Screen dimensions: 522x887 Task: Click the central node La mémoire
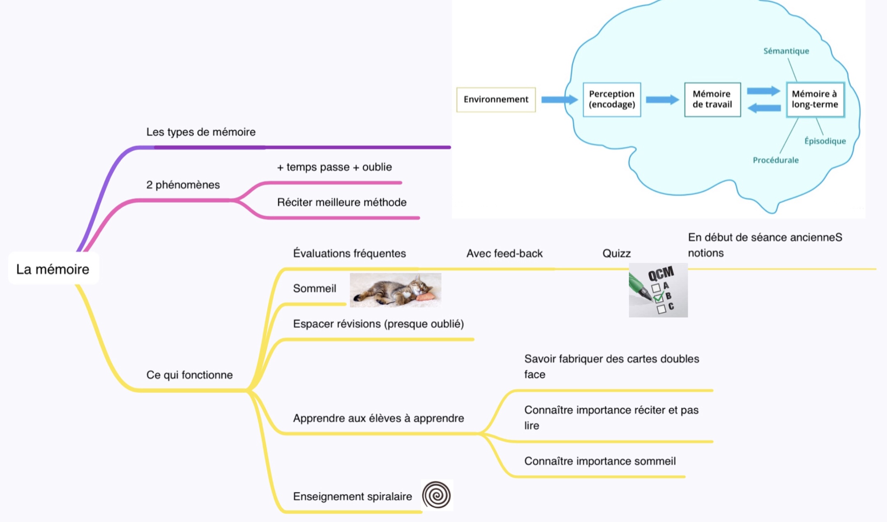pos(53,269)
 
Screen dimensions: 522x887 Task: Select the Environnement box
pos(496,99)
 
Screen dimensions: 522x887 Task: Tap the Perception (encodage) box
pos(612,99)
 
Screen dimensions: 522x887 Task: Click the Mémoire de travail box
pos(712,99)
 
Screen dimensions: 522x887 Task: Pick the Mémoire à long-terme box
pos(815,99)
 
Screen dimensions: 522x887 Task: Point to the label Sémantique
pos(786,51)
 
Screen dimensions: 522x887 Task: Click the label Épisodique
pos(825,141)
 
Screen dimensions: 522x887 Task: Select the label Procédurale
pos(776,160)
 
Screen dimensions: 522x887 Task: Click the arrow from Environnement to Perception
pos(559,99)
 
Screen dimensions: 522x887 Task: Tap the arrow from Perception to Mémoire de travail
pos(662,99)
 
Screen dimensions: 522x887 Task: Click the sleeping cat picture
pos(395,290)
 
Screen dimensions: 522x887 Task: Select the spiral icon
pos(437,495)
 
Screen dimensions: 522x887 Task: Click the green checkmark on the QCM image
pos(658,297)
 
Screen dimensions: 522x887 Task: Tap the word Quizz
pos(616,253)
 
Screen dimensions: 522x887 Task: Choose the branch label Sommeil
pos(315,289)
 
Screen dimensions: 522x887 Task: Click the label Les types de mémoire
pos(201,132)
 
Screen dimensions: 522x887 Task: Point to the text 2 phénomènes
pos(183,185)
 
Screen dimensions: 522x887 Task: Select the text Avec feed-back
pos(505,253)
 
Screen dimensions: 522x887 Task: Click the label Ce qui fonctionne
pos(189,375)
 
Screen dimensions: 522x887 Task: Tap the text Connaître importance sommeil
pos(600,461)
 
